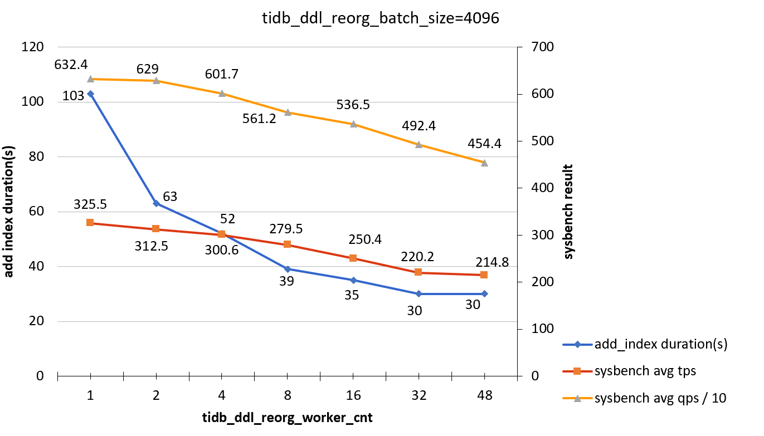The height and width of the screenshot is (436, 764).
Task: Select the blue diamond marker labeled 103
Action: [90, 94]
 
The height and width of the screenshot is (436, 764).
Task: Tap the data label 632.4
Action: [71, 65]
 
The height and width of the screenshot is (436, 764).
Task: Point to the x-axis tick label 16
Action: [353, 395]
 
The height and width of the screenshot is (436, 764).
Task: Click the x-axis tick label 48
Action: [484, 395]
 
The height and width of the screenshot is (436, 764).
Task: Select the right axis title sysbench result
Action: [568, 212]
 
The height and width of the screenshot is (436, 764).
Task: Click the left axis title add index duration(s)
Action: [10, 212]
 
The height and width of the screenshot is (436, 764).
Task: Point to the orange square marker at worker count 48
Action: [484, 275]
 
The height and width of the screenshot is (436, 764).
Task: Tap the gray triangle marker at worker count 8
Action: [288, 112]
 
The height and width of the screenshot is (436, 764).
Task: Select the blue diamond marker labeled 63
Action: [156, 203]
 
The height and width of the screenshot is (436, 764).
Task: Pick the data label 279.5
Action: [288, 229]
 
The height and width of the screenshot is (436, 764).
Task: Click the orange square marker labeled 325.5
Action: [90, 223]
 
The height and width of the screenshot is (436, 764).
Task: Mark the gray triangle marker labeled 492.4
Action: [419, 144]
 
